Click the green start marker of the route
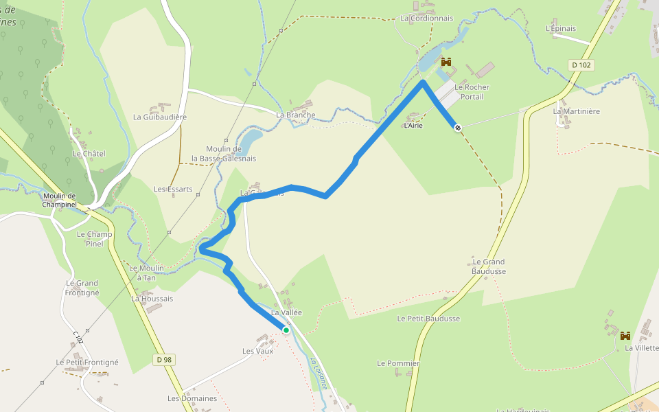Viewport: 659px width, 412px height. (286, 330)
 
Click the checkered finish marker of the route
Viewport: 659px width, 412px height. (457, 127)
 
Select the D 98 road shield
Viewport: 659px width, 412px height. (163, 359)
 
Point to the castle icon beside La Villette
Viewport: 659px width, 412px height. (625, 336)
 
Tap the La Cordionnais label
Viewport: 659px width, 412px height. (426, 19)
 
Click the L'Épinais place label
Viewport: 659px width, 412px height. (561, 29)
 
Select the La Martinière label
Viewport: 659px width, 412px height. (577, 111)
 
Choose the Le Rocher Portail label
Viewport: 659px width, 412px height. (472, 92)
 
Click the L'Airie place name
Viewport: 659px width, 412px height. (413, 126)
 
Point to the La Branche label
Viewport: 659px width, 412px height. (296, 115)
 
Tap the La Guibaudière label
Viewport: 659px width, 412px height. (160, 117)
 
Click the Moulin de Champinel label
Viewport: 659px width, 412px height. (59, 200)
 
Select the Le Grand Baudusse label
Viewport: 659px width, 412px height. (489, 266)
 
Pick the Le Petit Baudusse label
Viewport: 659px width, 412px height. (428, 319)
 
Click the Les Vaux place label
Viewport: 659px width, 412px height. (258, 351)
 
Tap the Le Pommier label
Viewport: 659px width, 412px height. (398, 363)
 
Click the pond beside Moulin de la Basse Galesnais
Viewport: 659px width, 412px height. (250, 139)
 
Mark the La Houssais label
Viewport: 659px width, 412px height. (152, 299)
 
